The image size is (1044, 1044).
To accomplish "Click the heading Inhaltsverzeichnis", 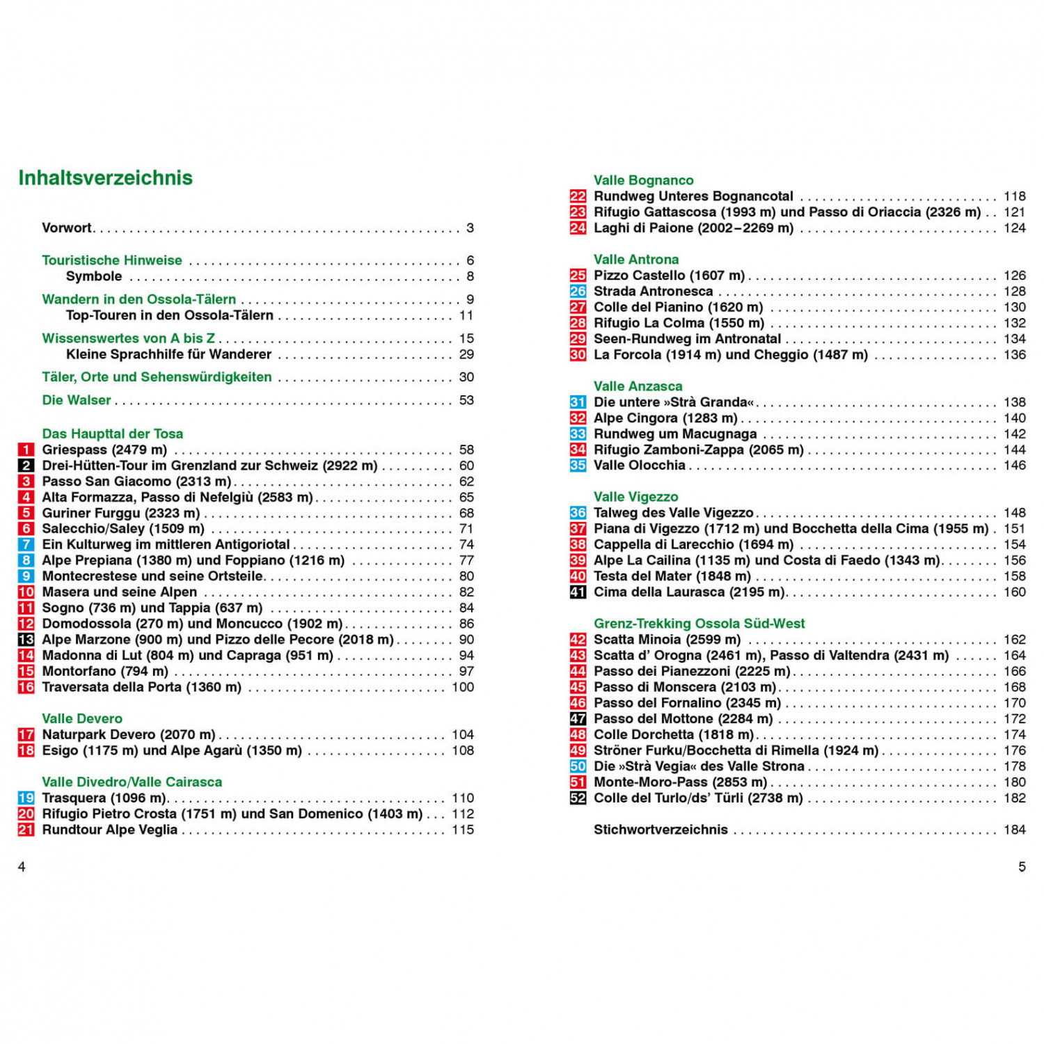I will tap(105, 178).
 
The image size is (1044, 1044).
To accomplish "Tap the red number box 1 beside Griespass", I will tap(26, 450).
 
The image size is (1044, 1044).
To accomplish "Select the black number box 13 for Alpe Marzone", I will tap(26, 640).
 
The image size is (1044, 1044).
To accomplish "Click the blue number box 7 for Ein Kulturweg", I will tap(26, 544).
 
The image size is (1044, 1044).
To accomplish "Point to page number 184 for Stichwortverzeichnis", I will tap(1014, 830).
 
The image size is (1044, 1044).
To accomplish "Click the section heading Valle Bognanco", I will tap(643, 180).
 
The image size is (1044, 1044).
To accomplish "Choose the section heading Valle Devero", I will tap(82, 718).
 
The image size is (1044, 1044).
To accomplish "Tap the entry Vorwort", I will tap(67, 228).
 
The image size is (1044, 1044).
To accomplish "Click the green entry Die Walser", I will tap(77, 400).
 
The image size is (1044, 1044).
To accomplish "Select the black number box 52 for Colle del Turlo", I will tap(578, 798).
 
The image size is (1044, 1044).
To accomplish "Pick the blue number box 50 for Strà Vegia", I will tap(578, 766).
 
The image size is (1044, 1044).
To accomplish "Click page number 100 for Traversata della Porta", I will tap(463, 687).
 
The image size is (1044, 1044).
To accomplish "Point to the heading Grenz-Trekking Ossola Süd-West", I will tap(699, 624).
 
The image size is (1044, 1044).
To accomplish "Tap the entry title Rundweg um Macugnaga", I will tap(675, 434).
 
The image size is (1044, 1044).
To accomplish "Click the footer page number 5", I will tap(1022, 867).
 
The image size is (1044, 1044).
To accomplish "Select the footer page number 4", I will tap(22, 867).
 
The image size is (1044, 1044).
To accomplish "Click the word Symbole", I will tap(94, 276).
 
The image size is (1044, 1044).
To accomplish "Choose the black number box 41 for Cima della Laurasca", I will tap(578, 592).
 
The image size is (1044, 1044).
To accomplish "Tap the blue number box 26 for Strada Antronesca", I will tap(578, 292).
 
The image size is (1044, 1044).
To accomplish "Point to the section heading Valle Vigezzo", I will tap(635, 497).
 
